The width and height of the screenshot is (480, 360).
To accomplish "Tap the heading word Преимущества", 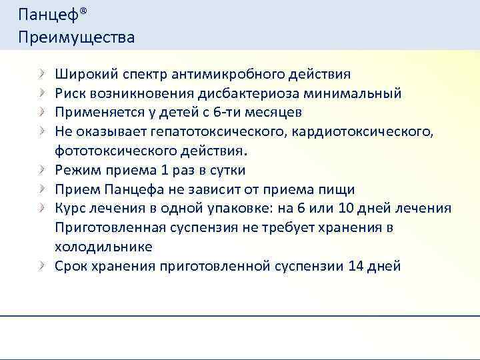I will point(77,37).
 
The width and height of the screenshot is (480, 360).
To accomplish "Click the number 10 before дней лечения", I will point(343,208).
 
